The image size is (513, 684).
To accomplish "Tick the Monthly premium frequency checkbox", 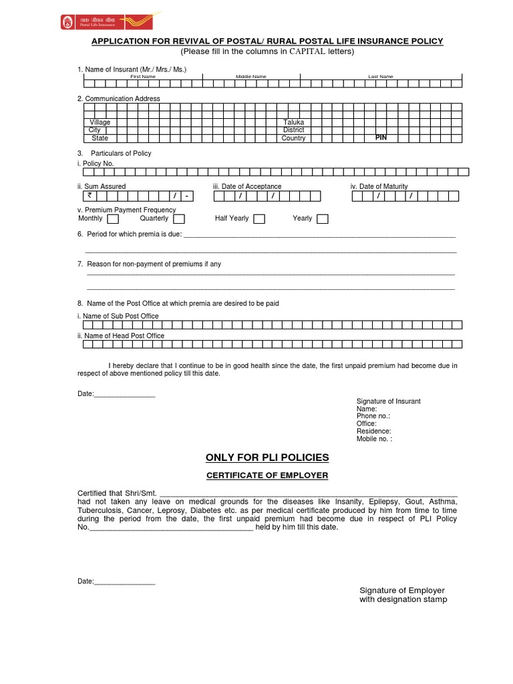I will [113, 219].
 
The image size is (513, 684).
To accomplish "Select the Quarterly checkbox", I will [179, 219].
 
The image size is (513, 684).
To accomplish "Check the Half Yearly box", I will [259, 219].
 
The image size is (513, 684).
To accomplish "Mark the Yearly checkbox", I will [323, 219].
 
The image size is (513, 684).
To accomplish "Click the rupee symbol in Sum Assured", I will [90, 196].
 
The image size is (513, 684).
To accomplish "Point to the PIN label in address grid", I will [381, 137].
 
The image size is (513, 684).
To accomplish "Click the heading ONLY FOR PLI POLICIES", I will [267, 458].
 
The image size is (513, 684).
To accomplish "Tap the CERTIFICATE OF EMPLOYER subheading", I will [267, 475].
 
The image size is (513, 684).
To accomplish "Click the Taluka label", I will [293, 123].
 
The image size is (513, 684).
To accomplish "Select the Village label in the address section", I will [100, 123].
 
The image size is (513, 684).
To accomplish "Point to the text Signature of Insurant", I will [388, 401].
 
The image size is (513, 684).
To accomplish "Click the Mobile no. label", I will [374, 439].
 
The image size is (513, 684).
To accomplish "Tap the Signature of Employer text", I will [402, 590].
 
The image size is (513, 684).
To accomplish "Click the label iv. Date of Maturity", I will [379, 186].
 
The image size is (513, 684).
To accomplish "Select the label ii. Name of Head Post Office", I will [121, 336].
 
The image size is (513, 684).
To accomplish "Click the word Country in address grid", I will [293, 138].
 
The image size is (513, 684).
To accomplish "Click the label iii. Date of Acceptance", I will [247, 186].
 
